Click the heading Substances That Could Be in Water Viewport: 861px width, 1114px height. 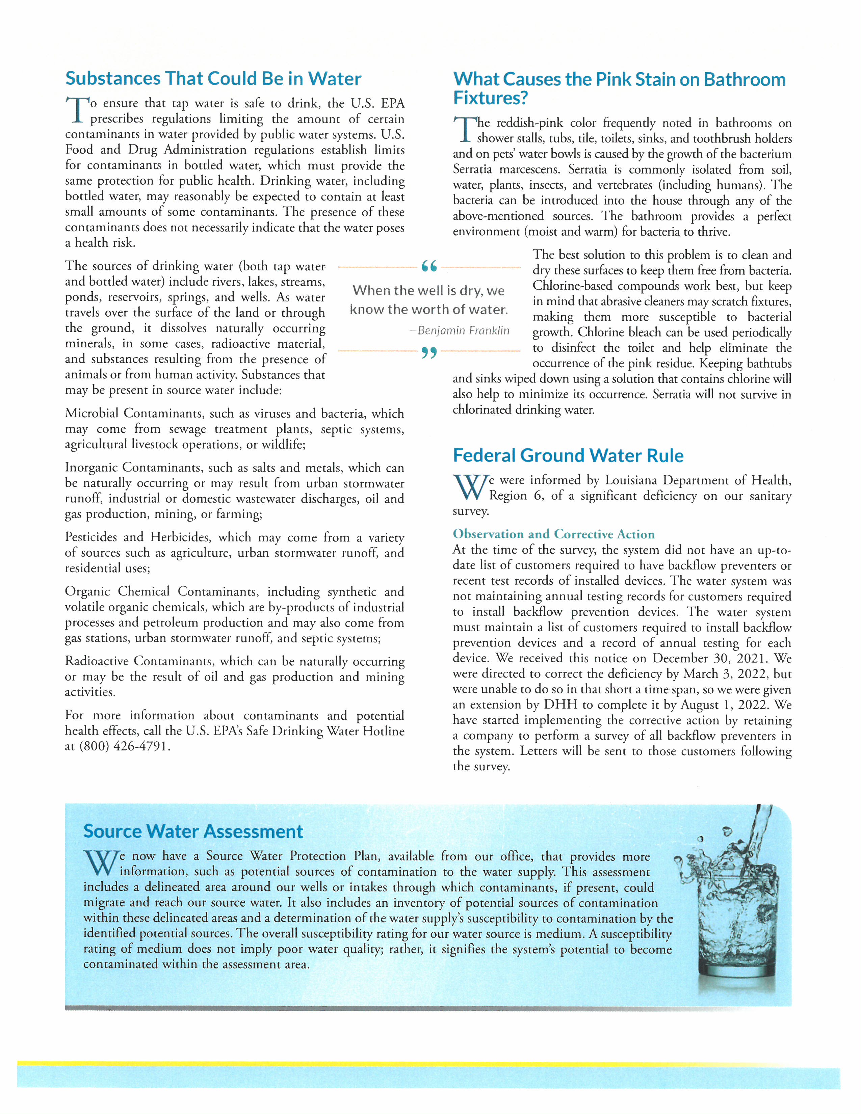pyautogui.click(x=213, y=79)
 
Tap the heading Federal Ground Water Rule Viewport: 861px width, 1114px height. pyautogui.click(x=568, y=455)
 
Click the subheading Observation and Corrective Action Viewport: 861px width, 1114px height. pyautogui.click(x=553, y=534)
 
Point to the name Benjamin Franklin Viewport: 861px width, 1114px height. pyautogui.click(x=463, y=330)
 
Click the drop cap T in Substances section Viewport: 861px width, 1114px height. pyautogui.click(x=76, y=111)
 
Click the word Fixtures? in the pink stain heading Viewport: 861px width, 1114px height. pyautogui.click(x=490, y=98)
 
